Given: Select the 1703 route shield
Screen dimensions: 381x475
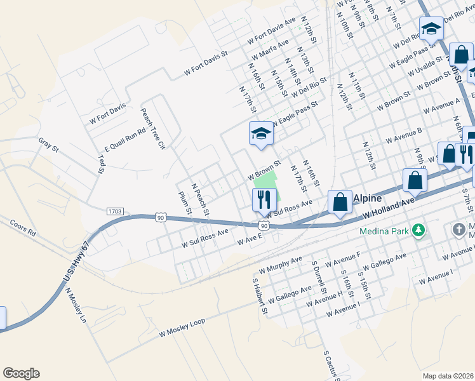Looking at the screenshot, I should pos(115,210).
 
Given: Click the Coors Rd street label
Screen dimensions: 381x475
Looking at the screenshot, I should pos(23,229).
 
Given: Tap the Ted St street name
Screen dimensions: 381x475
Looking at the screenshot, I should pos(101,163).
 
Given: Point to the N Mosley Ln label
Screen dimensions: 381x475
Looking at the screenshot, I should pos(76,306).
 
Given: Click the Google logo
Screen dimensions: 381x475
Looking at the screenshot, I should pos(21,373).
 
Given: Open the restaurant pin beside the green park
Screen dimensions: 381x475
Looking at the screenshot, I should pos(263,199).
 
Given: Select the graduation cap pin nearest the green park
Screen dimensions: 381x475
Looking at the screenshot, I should pos(260,134).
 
